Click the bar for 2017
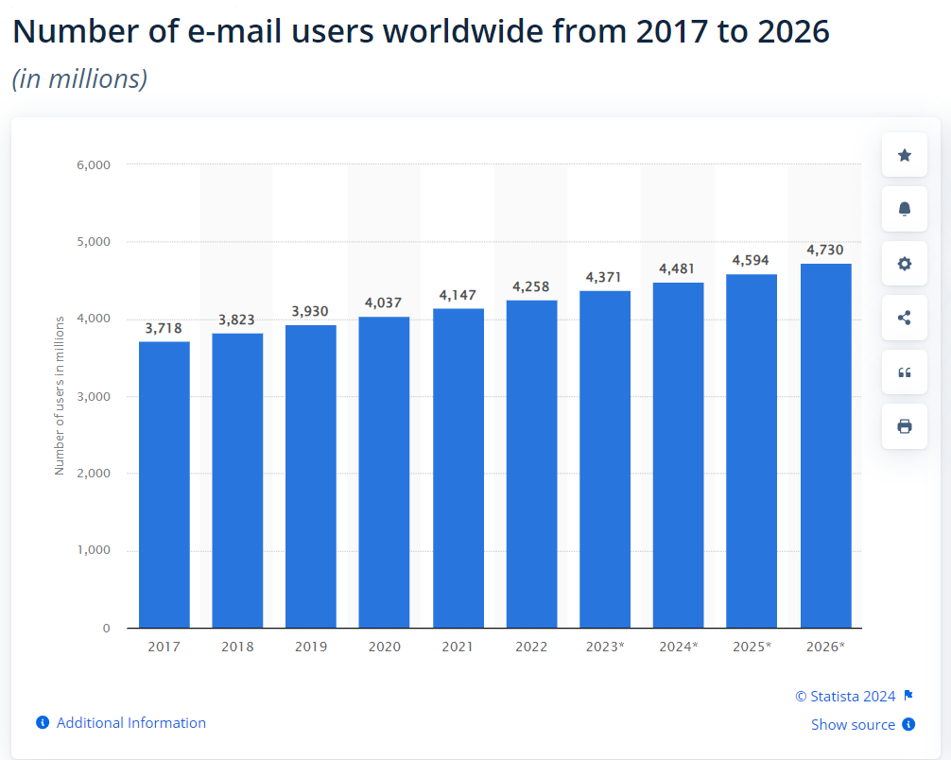pos(164,484)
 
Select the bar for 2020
pos(384,472)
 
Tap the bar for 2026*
pos(825,445)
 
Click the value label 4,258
pos(530,286)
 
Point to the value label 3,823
pos(237,320)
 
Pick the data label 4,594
pos(751,260)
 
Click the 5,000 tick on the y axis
pos(93,242)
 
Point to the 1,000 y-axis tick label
pos(93,550)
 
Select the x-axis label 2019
pos(310,647)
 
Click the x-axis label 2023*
pos(605,647)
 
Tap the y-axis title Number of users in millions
pos(60,395)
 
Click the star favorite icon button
pos(904,155)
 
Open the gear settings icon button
pos(904,264)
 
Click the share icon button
pos(904,318)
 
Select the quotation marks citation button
pos(904,372)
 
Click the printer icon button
pos(904,426)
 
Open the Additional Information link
pos(130,722)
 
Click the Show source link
pos(853,724)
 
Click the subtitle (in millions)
pos(79,78)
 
